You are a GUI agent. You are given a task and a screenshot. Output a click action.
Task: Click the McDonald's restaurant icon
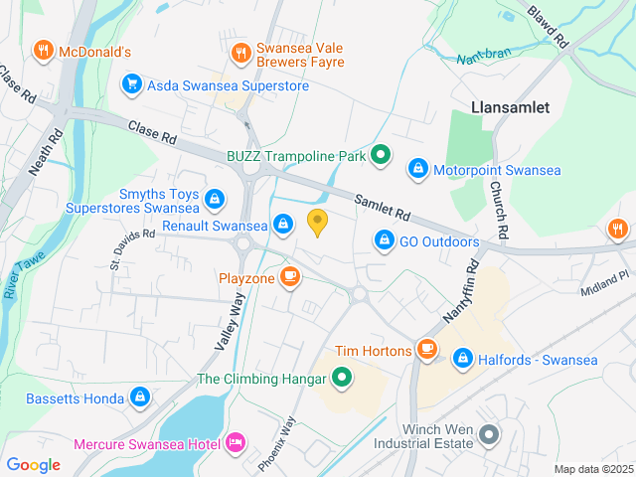[x=43, y=50]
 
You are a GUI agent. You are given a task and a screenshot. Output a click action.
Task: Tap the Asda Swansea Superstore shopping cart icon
[x=130, y=84]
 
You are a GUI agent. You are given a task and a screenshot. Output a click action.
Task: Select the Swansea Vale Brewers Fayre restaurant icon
[x=239, y=52]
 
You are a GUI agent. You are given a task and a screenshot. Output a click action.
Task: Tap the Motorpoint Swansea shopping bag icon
[x=418, y=170]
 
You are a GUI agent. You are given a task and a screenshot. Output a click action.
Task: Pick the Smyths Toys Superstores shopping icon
[x=214, y=200]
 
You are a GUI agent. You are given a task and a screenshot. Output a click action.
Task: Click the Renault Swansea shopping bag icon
[x=283, y=225]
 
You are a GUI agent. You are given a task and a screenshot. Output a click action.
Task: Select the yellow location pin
[x=318, y=223]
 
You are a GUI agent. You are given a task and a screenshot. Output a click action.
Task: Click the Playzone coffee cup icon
[x=290, y=277]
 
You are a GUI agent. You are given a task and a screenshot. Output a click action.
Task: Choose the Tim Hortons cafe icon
[x=427, y=349]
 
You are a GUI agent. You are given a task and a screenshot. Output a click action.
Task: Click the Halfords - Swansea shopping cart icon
[x=462, y=358]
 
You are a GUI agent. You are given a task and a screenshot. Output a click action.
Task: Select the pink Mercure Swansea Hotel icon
[x=237, y=440]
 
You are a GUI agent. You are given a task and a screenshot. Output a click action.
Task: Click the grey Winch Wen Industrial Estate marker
[x=488, y=434]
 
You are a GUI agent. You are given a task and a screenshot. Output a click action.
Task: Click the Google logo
[x=34, y=464]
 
